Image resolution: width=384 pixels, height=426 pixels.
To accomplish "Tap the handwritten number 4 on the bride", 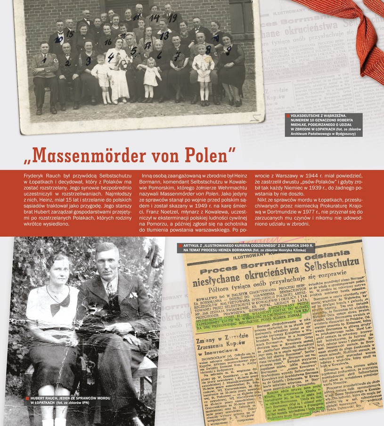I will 111,57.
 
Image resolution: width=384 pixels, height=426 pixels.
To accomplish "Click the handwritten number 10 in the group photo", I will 58,40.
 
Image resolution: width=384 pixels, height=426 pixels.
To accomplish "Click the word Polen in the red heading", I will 203,155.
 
